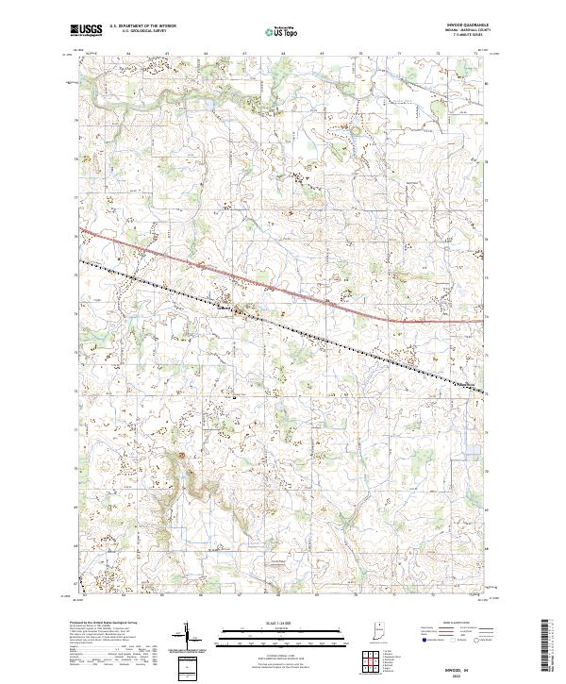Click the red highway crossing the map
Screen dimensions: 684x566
[283, 288]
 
